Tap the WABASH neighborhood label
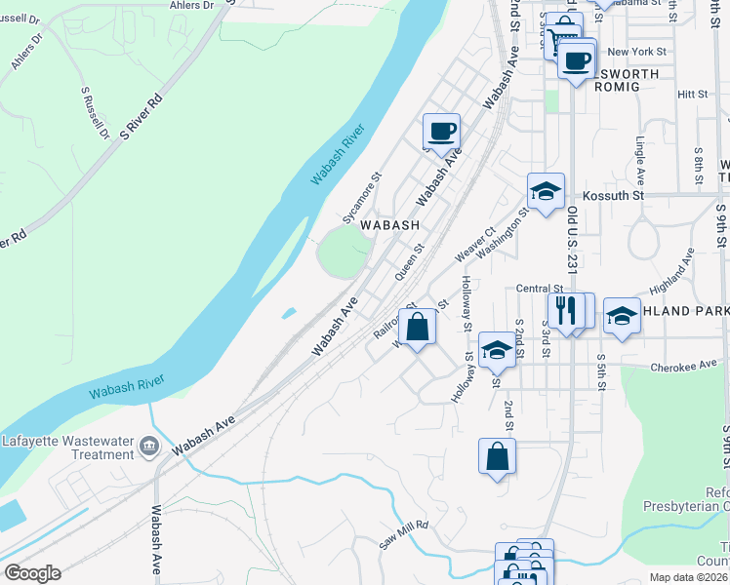[390, 224]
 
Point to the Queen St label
[410, 261]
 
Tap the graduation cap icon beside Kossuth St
[546, 192]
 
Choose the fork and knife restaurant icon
[565, 311]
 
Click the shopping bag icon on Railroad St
[417, 328]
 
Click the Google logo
[32, 573]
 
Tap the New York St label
[635, 52]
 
